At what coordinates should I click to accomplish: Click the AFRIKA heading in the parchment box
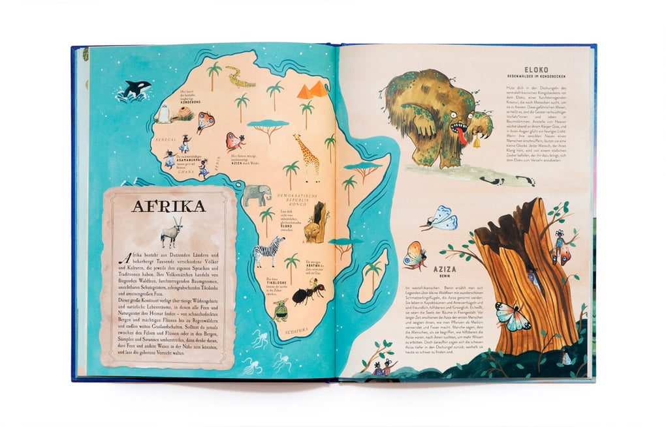[168, 207]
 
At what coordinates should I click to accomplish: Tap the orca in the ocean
[135, 90]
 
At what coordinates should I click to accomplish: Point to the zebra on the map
[268, 250]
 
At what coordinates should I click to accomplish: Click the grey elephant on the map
[257, 195]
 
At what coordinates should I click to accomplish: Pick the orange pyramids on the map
[313, 90]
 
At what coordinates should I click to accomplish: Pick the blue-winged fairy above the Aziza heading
[440, 218]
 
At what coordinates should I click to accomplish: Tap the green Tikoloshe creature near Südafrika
[281, 310]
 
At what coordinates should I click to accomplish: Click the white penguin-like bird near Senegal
[162, 113]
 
